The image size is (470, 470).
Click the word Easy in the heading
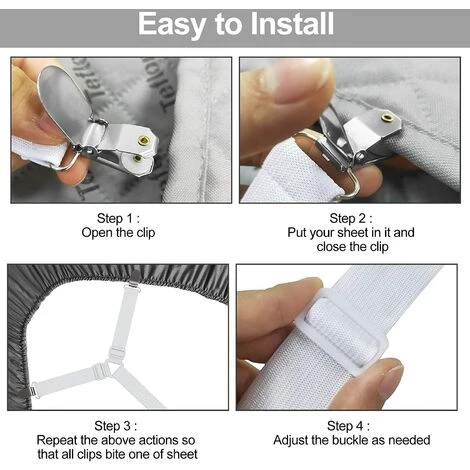pos(171,24)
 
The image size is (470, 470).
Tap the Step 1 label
pos(118,219)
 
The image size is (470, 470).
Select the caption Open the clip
pos(118,233)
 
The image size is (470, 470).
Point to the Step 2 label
pos(351,219)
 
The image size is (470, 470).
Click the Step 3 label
pos(115,426)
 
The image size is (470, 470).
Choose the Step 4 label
pos(348,426)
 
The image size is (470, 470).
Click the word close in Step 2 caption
pos(331,247)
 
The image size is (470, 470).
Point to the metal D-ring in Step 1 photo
pos(68,159)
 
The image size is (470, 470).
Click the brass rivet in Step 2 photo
pos(387,117)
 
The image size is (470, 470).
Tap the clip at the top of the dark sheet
pos(134,280)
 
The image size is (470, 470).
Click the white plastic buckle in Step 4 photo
pos(343,330)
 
